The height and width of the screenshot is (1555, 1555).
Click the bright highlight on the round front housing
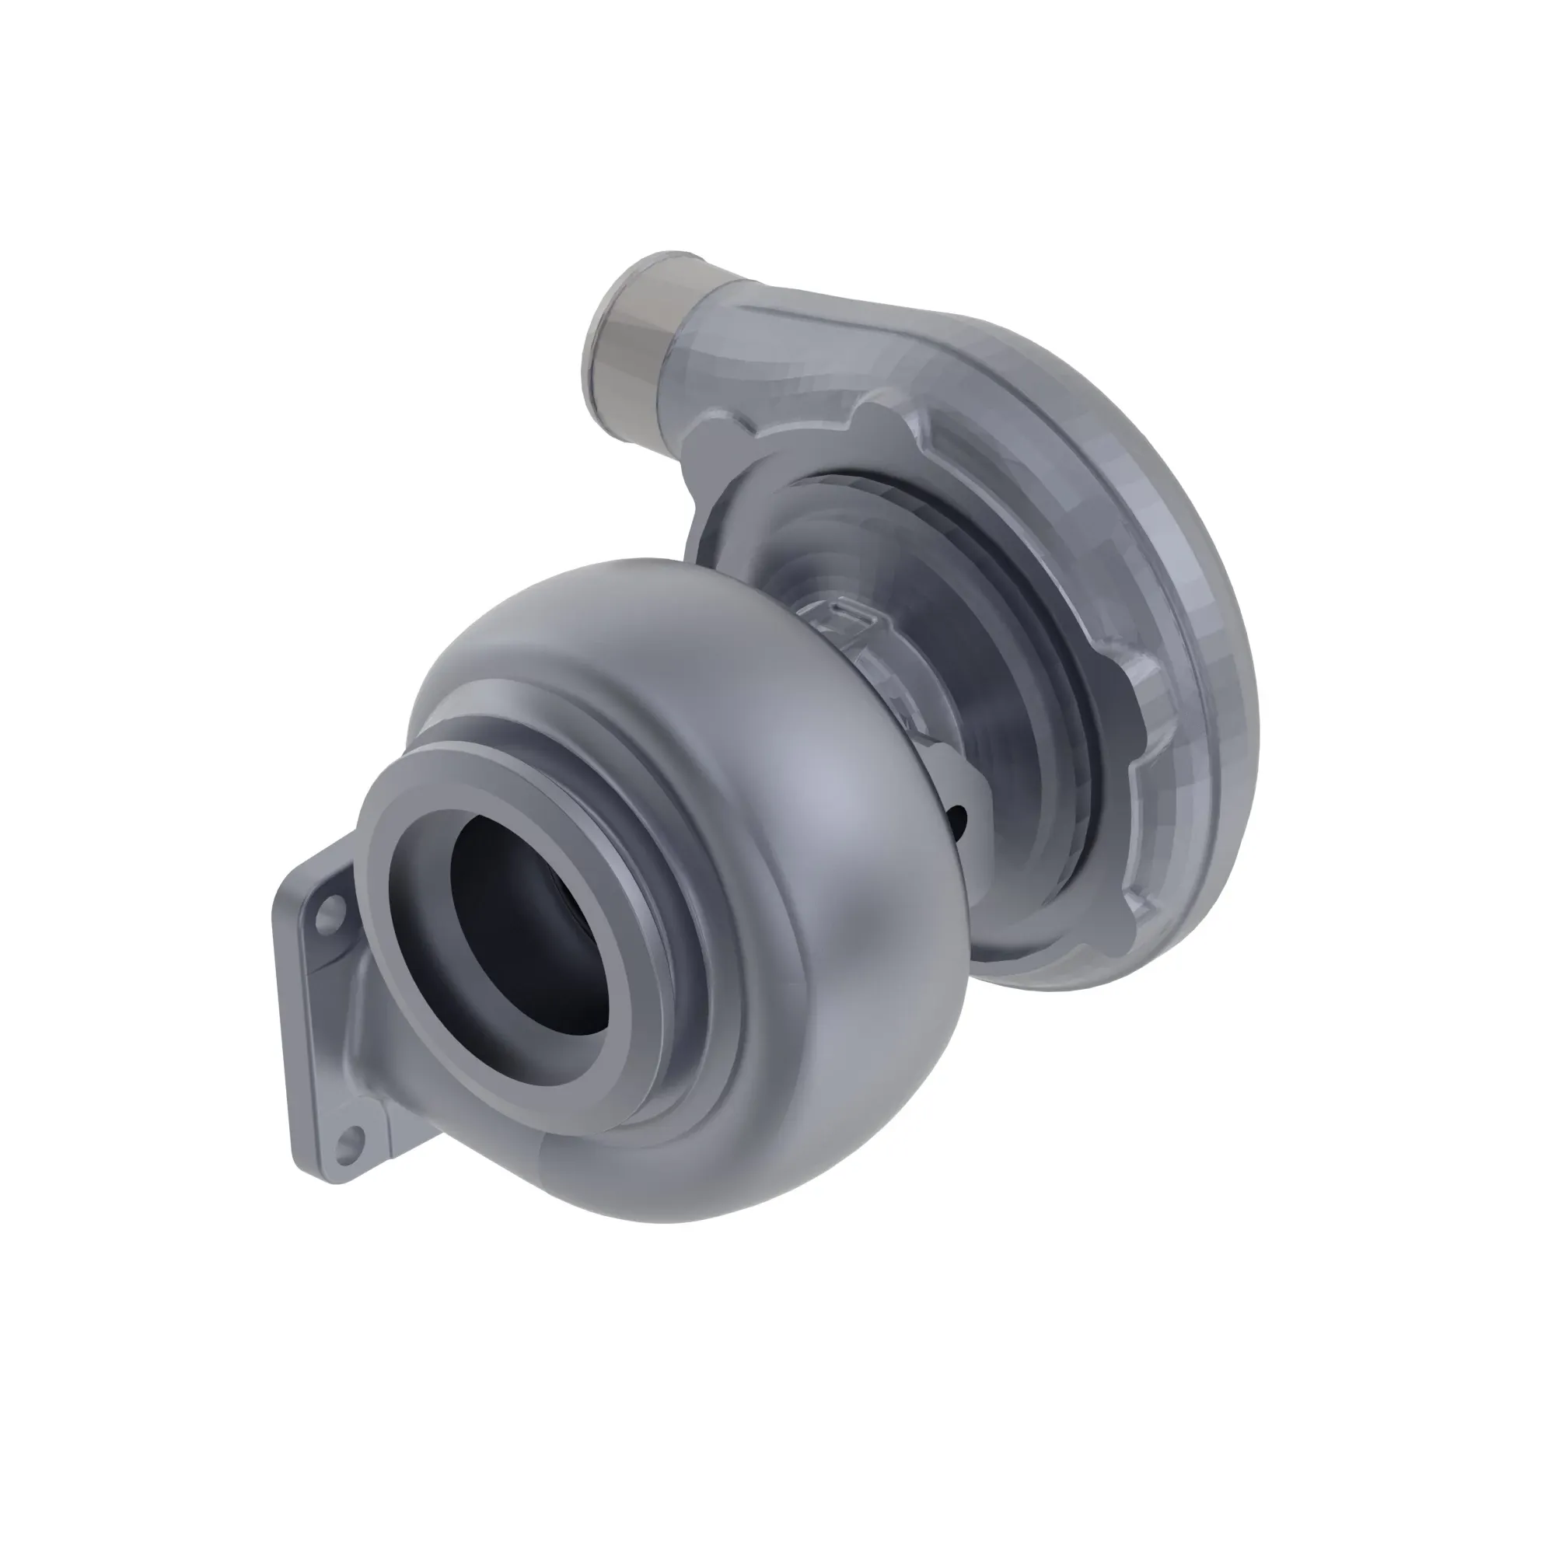click(813, 773)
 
